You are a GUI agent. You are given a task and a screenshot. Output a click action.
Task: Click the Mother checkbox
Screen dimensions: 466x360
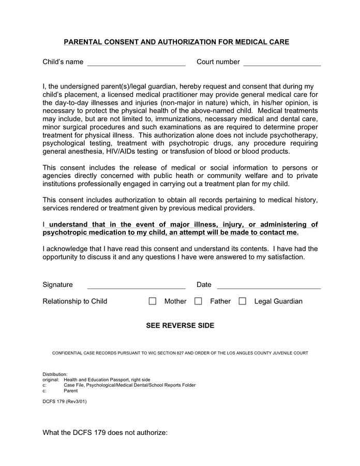click(153, 301)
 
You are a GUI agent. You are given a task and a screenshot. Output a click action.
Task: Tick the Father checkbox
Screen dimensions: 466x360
click(198, 301)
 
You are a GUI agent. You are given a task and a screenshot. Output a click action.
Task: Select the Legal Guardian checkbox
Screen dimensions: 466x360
click(242, 301)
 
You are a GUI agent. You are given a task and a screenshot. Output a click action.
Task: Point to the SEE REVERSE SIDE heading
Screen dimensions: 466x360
click(180, 326)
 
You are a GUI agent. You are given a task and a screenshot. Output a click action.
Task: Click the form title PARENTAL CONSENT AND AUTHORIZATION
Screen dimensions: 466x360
click(176, 42)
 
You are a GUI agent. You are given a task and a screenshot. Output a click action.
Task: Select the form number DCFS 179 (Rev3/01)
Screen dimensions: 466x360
click(65, 401)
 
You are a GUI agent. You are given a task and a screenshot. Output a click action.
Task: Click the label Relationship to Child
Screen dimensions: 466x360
click(75, 301)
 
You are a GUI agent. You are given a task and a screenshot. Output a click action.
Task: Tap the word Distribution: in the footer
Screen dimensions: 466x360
click(55, 374)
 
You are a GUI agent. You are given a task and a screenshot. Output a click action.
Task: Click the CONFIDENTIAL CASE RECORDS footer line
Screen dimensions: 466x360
click(180, 353)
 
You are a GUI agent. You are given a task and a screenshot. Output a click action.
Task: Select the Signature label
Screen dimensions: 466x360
click(57, 285)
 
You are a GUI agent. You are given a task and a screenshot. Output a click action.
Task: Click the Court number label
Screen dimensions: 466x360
click(218, 62)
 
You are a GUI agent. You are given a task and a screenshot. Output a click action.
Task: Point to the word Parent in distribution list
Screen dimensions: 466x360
click(70, 391)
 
